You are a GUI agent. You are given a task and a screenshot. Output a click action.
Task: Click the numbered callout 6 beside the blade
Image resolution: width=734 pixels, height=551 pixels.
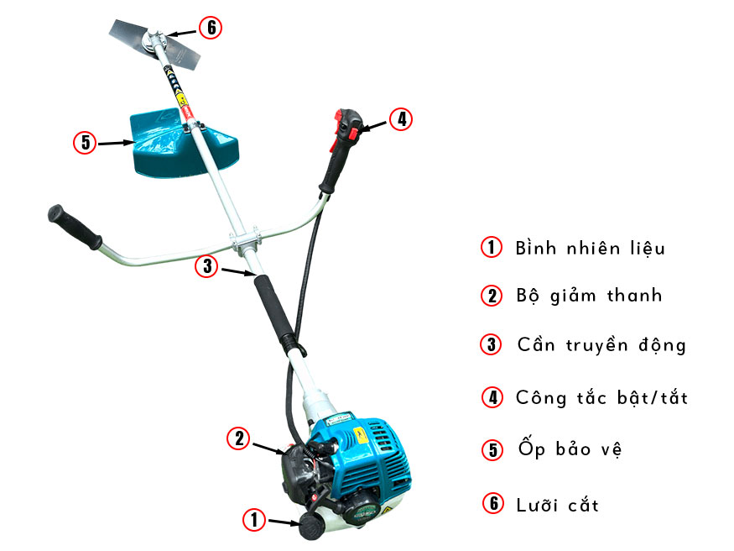coord(210,28)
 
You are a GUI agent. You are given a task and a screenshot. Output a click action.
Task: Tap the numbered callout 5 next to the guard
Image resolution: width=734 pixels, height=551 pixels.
coord(85,143)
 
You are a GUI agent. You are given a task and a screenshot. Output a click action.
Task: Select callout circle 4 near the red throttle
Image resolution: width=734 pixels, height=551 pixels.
coord(402,119)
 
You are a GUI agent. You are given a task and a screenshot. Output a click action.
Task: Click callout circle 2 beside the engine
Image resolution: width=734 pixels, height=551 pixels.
coord(239,438)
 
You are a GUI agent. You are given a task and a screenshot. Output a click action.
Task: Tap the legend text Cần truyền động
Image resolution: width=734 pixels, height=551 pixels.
coord(601,345)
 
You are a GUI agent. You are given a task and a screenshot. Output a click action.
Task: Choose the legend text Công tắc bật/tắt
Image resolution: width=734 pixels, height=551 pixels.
coord(601,397)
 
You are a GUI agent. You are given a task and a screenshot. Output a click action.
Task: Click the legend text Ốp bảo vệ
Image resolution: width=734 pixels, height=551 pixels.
coord(569,449)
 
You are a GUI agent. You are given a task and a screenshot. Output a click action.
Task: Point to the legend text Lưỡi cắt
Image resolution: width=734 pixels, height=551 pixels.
coord(558,504)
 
